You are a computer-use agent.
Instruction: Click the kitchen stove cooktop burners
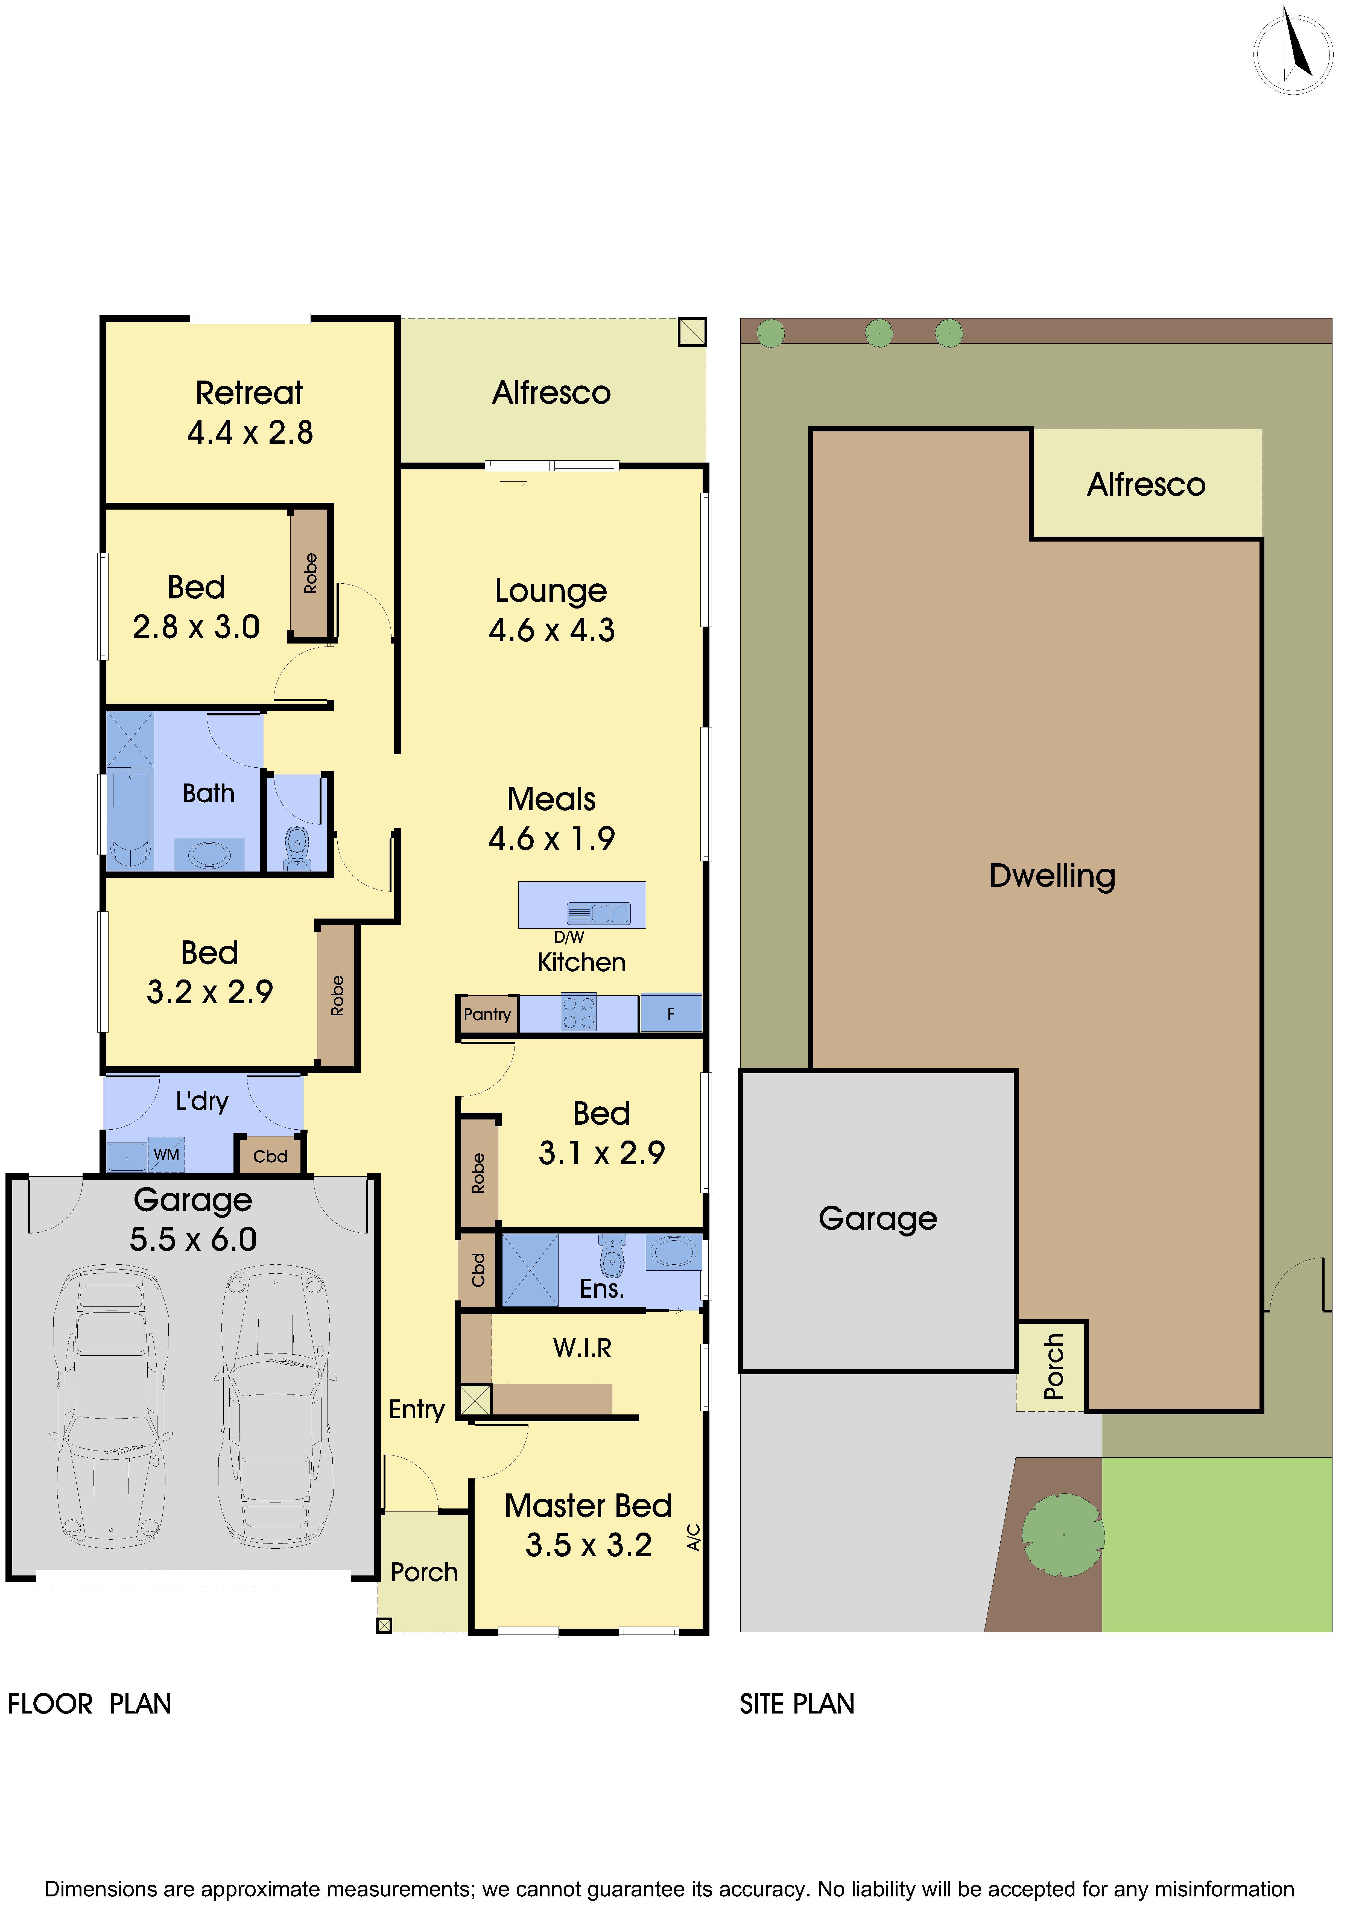pos(578,1013)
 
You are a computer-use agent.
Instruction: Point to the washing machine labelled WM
pos(166,1154)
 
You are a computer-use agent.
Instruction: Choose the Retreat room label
pos(249,393)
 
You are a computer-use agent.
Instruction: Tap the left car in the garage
pos(111,1405)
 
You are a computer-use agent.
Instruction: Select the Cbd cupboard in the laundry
pos(270,1156)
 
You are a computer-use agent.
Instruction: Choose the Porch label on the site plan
pos(1054,1367)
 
